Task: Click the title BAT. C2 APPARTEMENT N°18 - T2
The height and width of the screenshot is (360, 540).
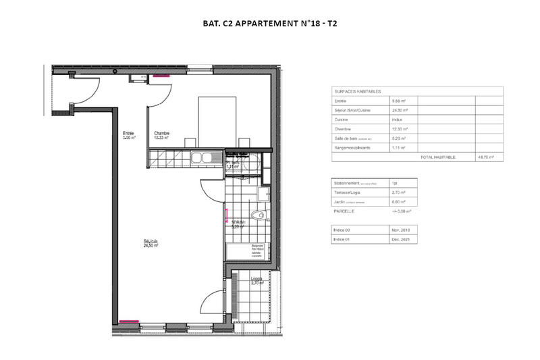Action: (270, 24)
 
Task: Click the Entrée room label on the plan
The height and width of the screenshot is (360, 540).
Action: (128, 133)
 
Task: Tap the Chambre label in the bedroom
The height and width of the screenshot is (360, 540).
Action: (161, 134)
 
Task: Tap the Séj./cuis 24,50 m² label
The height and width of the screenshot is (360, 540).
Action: (150, 244)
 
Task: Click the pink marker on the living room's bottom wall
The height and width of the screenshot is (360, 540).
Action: (128, 320)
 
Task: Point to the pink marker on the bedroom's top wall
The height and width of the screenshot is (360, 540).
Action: (161, 76)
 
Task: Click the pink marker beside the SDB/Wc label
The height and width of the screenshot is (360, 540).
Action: (225, 220)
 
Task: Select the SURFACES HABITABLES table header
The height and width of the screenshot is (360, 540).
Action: (358, 91)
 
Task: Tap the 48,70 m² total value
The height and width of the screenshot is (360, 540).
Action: (486, 157)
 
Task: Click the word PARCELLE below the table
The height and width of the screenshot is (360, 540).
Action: (344, 211)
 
